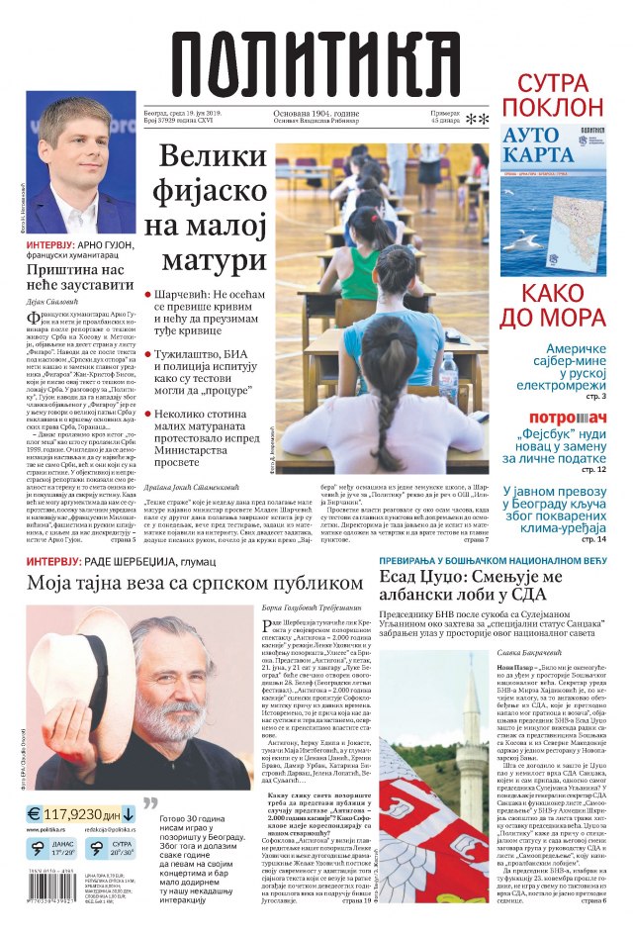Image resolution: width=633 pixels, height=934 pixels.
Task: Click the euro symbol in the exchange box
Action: click(38, 814)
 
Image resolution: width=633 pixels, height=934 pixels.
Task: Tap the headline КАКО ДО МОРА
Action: click(564, 304)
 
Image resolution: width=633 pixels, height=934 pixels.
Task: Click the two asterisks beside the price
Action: click(478, 120)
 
